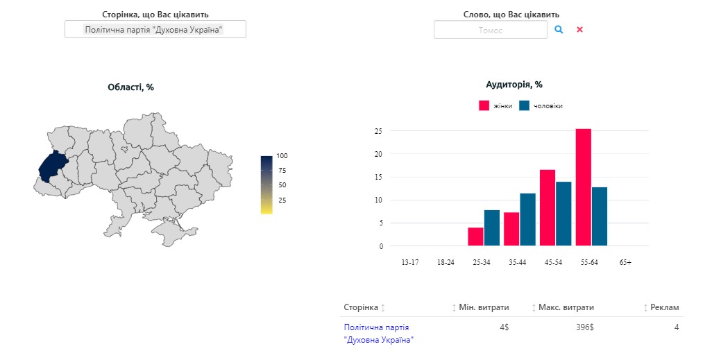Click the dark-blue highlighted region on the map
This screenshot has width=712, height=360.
click(x=51, y=166)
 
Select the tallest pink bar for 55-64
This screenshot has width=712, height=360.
click(x=583, y=187)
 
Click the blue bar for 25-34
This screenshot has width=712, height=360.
click(x=491, y=228)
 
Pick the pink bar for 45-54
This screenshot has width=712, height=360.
click(x=548, y=207)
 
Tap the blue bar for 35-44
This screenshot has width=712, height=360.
click(x=527, y=219)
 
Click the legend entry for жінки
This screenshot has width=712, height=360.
click(x=495, y=105)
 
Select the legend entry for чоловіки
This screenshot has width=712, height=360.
click(x=541, y=105)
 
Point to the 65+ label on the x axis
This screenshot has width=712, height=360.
click(x=625, y=262)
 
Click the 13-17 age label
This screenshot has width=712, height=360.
click(x=409, y=262)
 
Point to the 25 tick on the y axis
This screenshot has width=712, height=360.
click(x=379, y=131)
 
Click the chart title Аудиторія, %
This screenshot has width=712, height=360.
click(x=514, y=85)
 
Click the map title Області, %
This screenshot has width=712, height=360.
click(x=130, y=87)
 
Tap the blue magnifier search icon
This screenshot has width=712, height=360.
click(x=559, y=30)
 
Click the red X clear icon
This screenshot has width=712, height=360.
click(x=579, y=30)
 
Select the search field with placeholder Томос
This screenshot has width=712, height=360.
click(x=490, y=30)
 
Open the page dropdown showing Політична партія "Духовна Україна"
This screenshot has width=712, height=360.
click(x=155, y=29)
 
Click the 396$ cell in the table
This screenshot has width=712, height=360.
click(x=585, y=327)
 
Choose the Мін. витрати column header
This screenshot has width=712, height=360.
click(x=484, y=307)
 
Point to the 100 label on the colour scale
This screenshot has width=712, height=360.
click(x=282, y=155)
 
